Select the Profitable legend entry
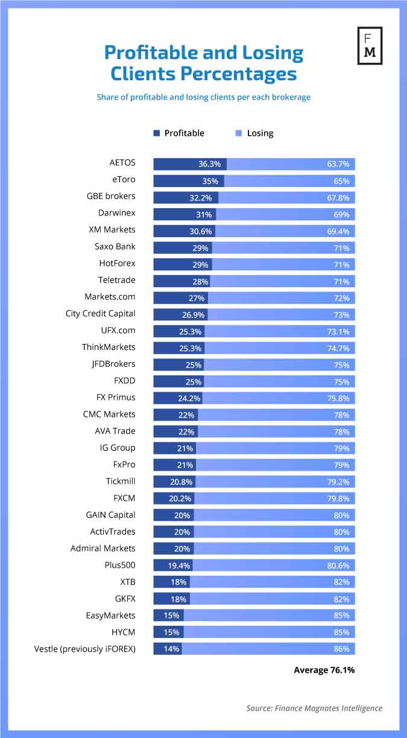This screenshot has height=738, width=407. click(x=179, y=133)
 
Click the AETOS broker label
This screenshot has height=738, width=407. click(x=122, y=163)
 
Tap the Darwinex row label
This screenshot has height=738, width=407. click(x=117, y=213)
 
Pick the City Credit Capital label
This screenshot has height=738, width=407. click(x=101, y=314)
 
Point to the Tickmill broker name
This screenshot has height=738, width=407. click(x=121, y=481)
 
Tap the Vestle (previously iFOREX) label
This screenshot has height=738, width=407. click(x=85, y=649)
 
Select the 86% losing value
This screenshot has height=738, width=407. click(x=341, y=649)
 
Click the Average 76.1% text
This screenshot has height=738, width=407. click(x=324, y=670)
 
